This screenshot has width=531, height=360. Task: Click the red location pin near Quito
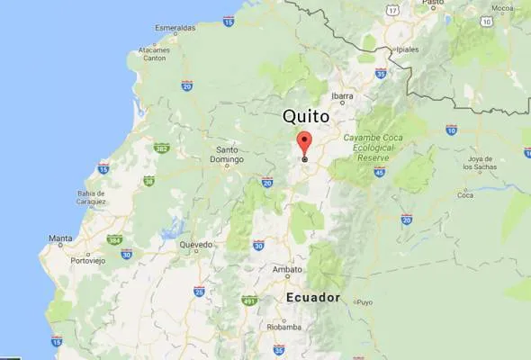click(304, 144)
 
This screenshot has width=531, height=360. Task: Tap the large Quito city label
click(306, 117)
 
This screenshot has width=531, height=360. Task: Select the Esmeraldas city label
click(175, 28)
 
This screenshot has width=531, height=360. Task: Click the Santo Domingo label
click(227, 155)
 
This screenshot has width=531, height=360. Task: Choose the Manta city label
click(60, 238)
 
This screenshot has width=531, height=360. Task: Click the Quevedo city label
click(195, 245)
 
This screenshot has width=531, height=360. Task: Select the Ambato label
click(287, 269)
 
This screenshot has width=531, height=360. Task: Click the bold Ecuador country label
click(313, 297)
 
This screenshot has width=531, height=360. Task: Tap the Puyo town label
click(364, 302)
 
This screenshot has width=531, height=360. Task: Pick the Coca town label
click(465, 194)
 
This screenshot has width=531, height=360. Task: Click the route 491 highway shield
click(249, 301)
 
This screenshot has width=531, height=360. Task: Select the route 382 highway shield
click(161, 148)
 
